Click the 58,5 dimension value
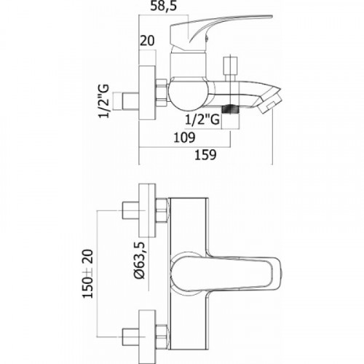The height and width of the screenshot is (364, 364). pos(163,6)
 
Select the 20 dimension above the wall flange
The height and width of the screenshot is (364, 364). pos(147,41)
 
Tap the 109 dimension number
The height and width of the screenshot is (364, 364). pos(184,138)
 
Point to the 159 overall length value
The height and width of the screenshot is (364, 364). pos(205,154)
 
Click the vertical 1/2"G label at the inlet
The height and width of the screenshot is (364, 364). pos(104,101)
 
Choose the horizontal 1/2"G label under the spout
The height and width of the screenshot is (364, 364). pos(202,119)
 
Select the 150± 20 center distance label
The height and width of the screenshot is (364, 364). pos(88,274)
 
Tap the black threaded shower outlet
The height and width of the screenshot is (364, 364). pos(230,108)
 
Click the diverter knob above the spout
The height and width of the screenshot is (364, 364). pos(230,68)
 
